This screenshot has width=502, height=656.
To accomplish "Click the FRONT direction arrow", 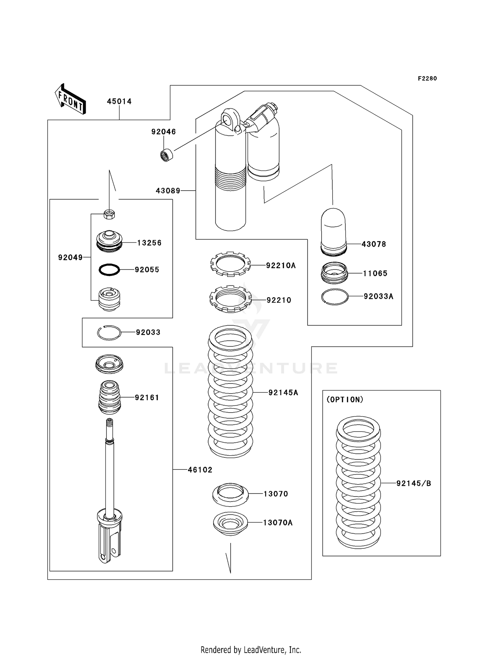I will tap(71, 99).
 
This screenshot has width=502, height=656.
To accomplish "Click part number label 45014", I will tap(119, 101).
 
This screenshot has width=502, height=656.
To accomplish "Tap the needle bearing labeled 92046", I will tap(166, 155).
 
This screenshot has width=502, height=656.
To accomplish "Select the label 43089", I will tap(168, 191).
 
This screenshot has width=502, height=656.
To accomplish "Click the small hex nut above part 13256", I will tap(109, 214).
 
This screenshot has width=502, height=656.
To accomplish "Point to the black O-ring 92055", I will tap(109, 269).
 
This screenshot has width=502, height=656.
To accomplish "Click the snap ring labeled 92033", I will tap(109, 333).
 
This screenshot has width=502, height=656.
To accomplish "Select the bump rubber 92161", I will tap(109, 397).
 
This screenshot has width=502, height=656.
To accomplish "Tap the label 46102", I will tap(200, 470).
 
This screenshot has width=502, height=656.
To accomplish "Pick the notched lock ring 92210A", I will tap(230, 264).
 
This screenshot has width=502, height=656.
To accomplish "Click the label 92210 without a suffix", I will tap(279, 300).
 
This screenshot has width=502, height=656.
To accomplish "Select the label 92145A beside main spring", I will tap(283, 393).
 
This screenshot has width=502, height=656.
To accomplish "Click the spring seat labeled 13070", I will tap(230, 494).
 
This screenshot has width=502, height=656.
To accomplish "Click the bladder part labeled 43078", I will tap(333, 231).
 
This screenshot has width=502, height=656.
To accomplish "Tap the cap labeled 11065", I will tap(334, 272).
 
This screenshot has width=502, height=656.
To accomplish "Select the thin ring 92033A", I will tap(335, 297).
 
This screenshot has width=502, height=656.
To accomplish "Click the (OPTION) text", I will tap(345, 400).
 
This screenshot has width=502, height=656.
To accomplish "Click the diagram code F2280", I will tap(427, 79).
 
